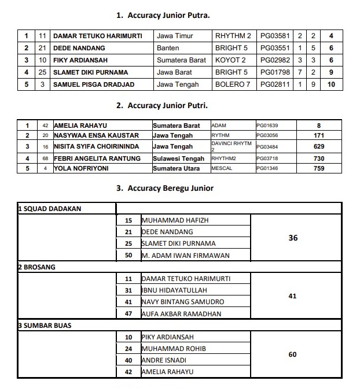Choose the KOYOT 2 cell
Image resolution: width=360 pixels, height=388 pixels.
coord(230,60)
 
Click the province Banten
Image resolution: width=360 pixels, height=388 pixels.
coord(168,48)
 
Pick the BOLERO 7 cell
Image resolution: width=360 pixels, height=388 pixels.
coord(233,84)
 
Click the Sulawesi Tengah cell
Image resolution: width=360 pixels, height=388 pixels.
coord(178,158)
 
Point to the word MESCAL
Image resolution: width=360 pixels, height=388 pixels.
coord(222,169)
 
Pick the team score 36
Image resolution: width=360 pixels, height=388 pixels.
coord(292,238)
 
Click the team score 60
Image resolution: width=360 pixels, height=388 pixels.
coord(292,354)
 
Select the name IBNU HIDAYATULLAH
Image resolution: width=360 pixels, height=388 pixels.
coord(174,290)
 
